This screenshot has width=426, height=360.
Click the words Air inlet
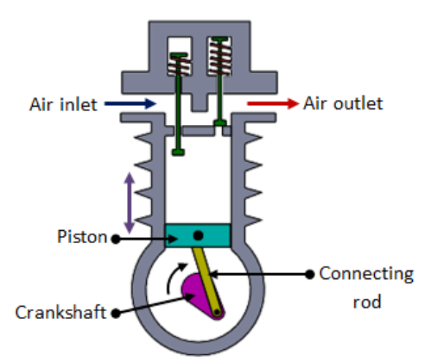64,104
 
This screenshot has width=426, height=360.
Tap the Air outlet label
343,104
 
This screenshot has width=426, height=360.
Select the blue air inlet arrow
130,104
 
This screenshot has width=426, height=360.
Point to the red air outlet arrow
273,104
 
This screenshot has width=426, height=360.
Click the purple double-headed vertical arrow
129,203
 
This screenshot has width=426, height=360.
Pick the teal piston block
198,235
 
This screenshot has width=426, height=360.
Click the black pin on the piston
198,235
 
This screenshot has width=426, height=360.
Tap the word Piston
82,237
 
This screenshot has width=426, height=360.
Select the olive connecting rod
207,281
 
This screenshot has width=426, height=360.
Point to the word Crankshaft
61,313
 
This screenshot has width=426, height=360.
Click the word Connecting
366,275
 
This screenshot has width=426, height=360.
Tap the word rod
367,302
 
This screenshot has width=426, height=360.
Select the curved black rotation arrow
174,277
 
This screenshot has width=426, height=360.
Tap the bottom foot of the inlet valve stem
178,152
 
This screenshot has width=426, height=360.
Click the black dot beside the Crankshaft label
115,313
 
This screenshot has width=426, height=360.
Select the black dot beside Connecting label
310,275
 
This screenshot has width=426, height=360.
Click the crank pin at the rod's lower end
217,313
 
